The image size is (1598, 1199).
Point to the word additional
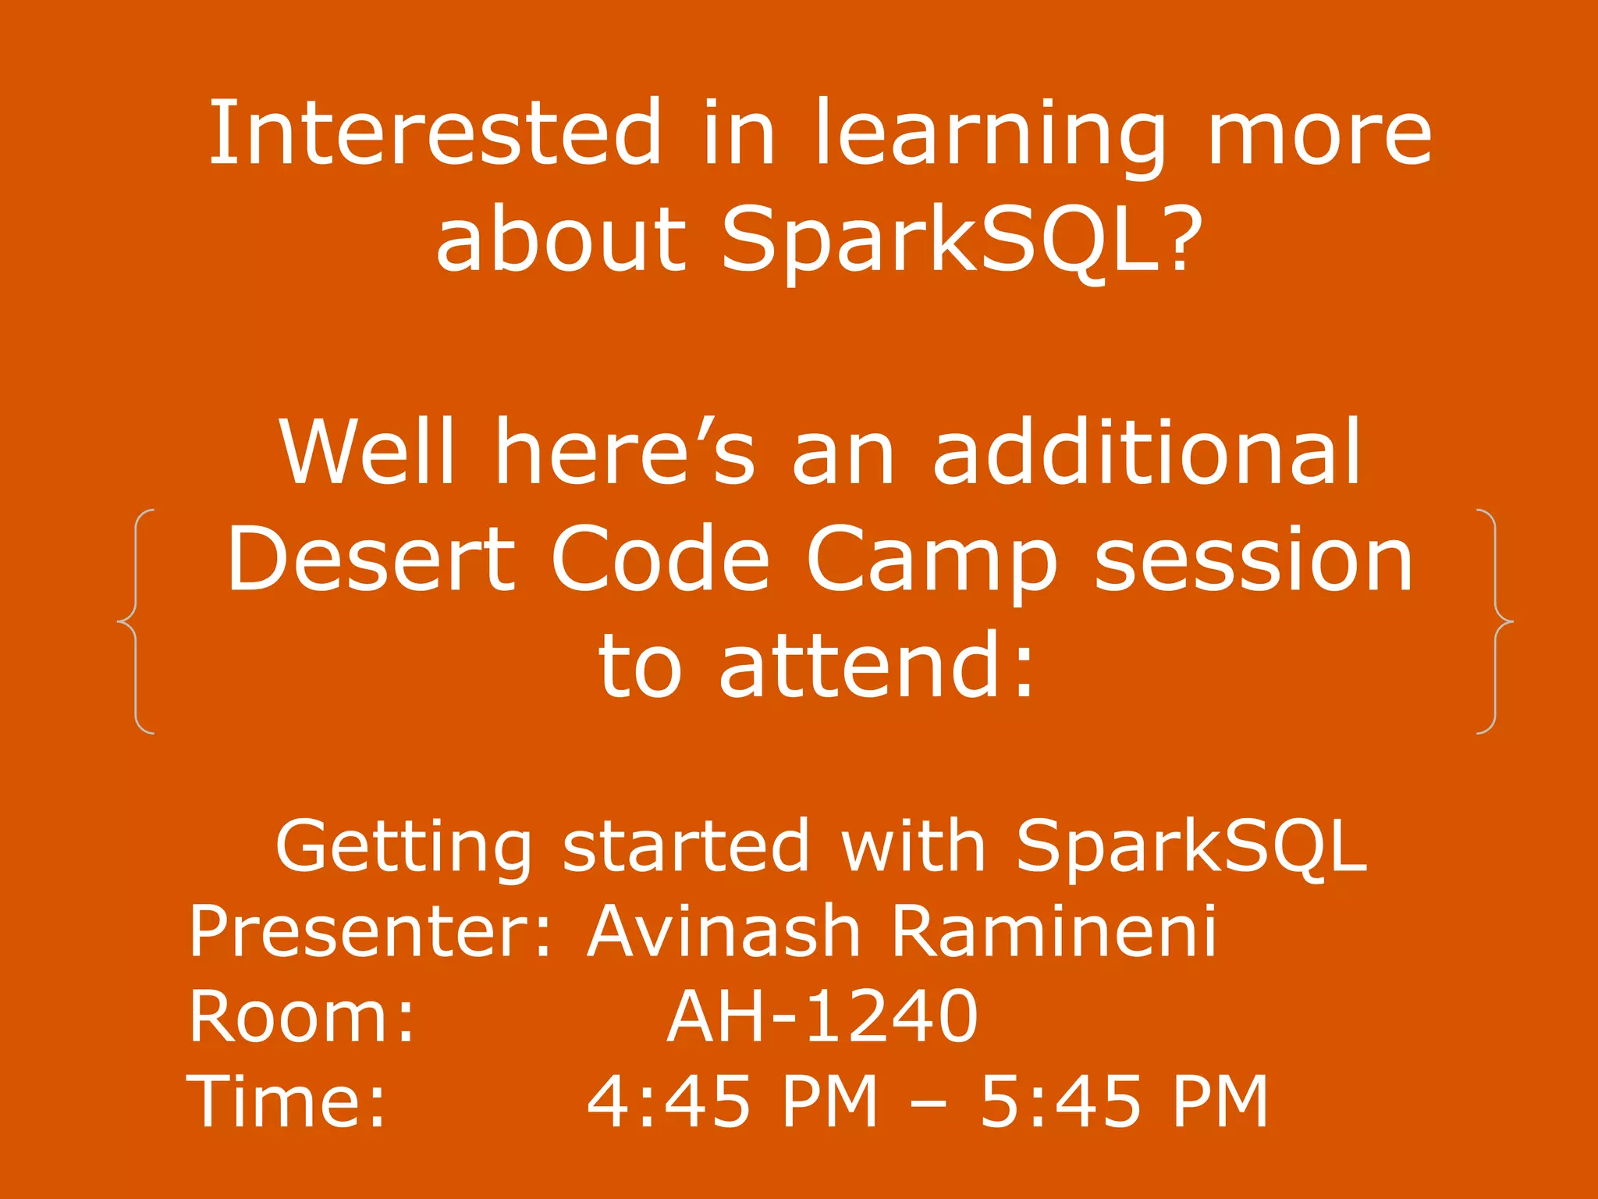pos(1147,453)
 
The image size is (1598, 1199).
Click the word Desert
pos(371,559)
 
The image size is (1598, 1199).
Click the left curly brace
pos(135,621)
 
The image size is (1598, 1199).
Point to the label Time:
pos(286,1101)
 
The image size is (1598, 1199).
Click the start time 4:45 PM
pos(732,1101)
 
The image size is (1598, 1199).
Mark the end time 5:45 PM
pos(1124,1101)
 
